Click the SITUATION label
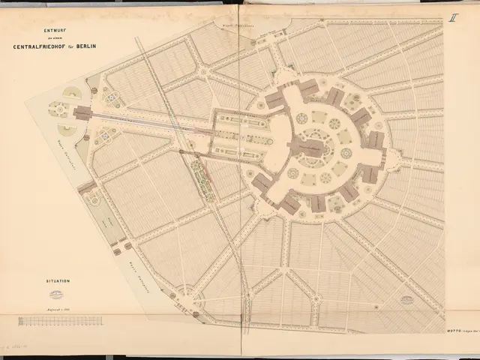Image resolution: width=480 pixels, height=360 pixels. pos(57,280)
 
